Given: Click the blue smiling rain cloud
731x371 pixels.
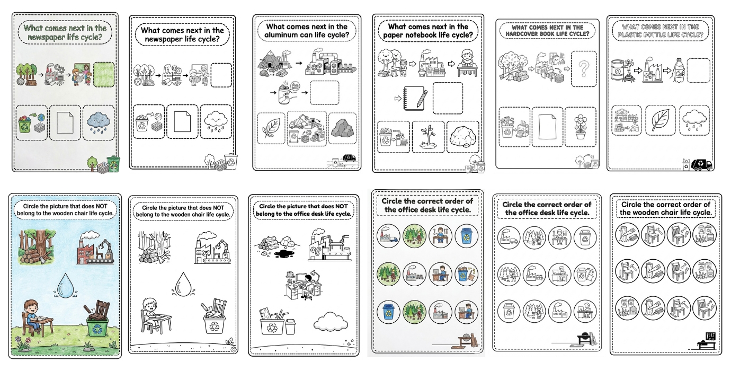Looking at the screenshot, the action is [x=99, y=122].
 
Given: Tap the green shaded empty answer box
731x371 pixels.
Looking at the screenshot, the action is [x=104, y=75].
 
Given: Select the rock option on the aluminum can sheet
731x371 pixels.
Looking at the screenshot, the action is [x=342, y=128].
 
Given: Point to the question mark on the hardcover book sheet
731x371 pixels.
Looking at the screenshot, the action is [x=584, y=69].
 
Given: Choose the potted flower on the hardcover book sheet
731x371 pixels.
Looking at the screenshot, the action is [x=580, y=126].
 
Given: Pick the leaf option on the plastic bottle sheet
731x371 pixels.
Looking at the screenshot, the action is [x=660, y=120].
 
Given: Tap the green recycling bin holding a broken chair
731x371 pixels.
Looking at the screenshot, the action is [x=97, y=319].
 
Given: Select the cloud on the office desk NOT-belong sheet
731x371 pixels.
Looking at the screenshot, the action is [x=330, y=321].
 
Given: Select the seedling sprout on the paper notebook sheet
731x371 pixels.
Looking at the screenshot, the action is [x=428, y=137].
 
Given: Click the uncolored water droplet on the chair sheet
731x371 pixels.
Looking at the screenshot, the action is [x=183, y=285].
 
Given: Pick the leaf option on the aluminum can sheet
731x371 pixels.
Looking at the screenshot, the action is [x=271, y=128].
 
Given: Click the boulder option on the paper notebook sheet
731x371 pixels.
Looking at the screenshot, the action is [x=462, y=137].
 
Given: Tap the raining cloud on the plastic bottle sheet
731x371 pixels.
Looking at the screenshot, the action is [x=694, y=120].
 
